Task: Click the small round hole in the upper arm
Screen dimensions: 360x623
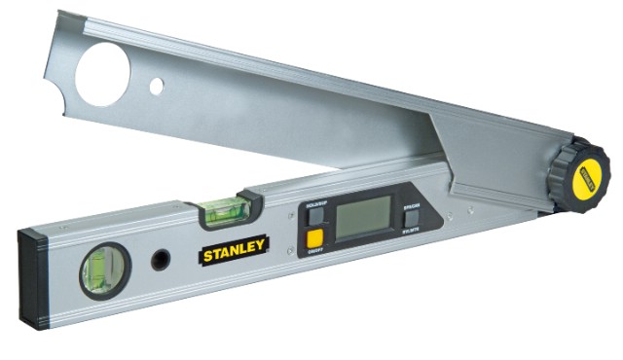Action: point(156,86)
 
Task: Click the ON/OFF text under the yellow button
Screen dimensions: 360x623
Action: point(314,253)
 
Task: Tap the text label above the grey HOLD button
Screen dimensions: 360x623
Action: point(315,206)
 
